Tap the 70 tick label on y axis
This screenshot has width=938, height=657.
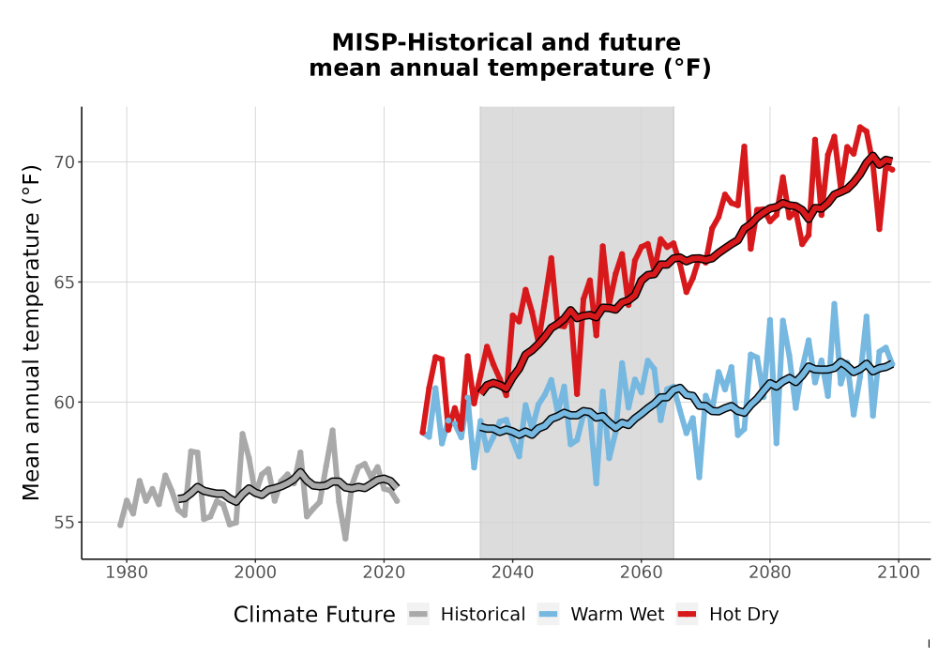[x=64, y=162]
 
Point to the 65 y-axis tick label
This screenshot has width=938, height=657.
[x=64, y=283]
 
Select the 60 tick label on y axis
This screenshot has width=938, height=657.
[x=64, y=402]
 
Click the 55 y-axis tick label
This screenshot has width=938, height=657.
[x=64, y=523]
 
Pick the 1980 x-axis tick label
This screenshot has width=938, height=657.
[x=127, y=573]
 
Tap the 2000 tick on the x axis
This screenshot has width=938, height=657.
[x=255, y=573]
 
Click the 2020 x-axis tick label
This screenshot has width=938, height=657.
[x=384, y=573]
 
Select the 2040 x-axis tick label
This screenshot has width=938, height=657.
[x=513, y=573]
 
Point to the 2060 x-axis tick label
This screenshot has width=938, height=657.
[x=642, y=573]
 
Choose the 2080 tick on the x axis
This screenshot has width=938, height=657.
[x=770, y=573]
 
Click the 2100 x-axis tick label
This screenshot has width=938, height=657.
[x=899, y=573]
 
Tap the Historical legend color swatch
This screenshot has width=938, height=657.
[x=418, y=615]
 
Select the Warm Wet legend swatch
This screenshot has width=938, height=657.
[x=548, y=615]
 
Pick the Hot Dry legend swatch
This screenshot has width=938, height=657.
[x=687, y=615]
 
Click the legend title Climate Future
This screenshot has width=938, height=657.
[x=314, y=615]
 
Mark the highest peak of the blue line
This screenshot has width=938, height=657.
[x=834, y=304]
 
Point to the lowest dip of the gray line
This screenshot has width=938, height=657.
[x=345, y=539]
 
